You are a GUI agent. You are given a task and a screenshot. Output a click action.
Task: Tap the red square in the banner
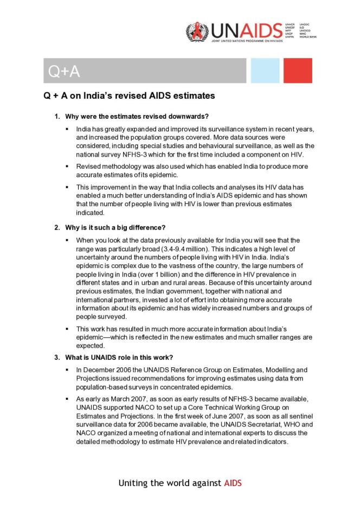[x=298, y=71]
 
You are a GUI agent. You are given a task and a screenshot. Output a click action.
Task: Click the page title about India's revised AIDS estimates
[x=129, y=96]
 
